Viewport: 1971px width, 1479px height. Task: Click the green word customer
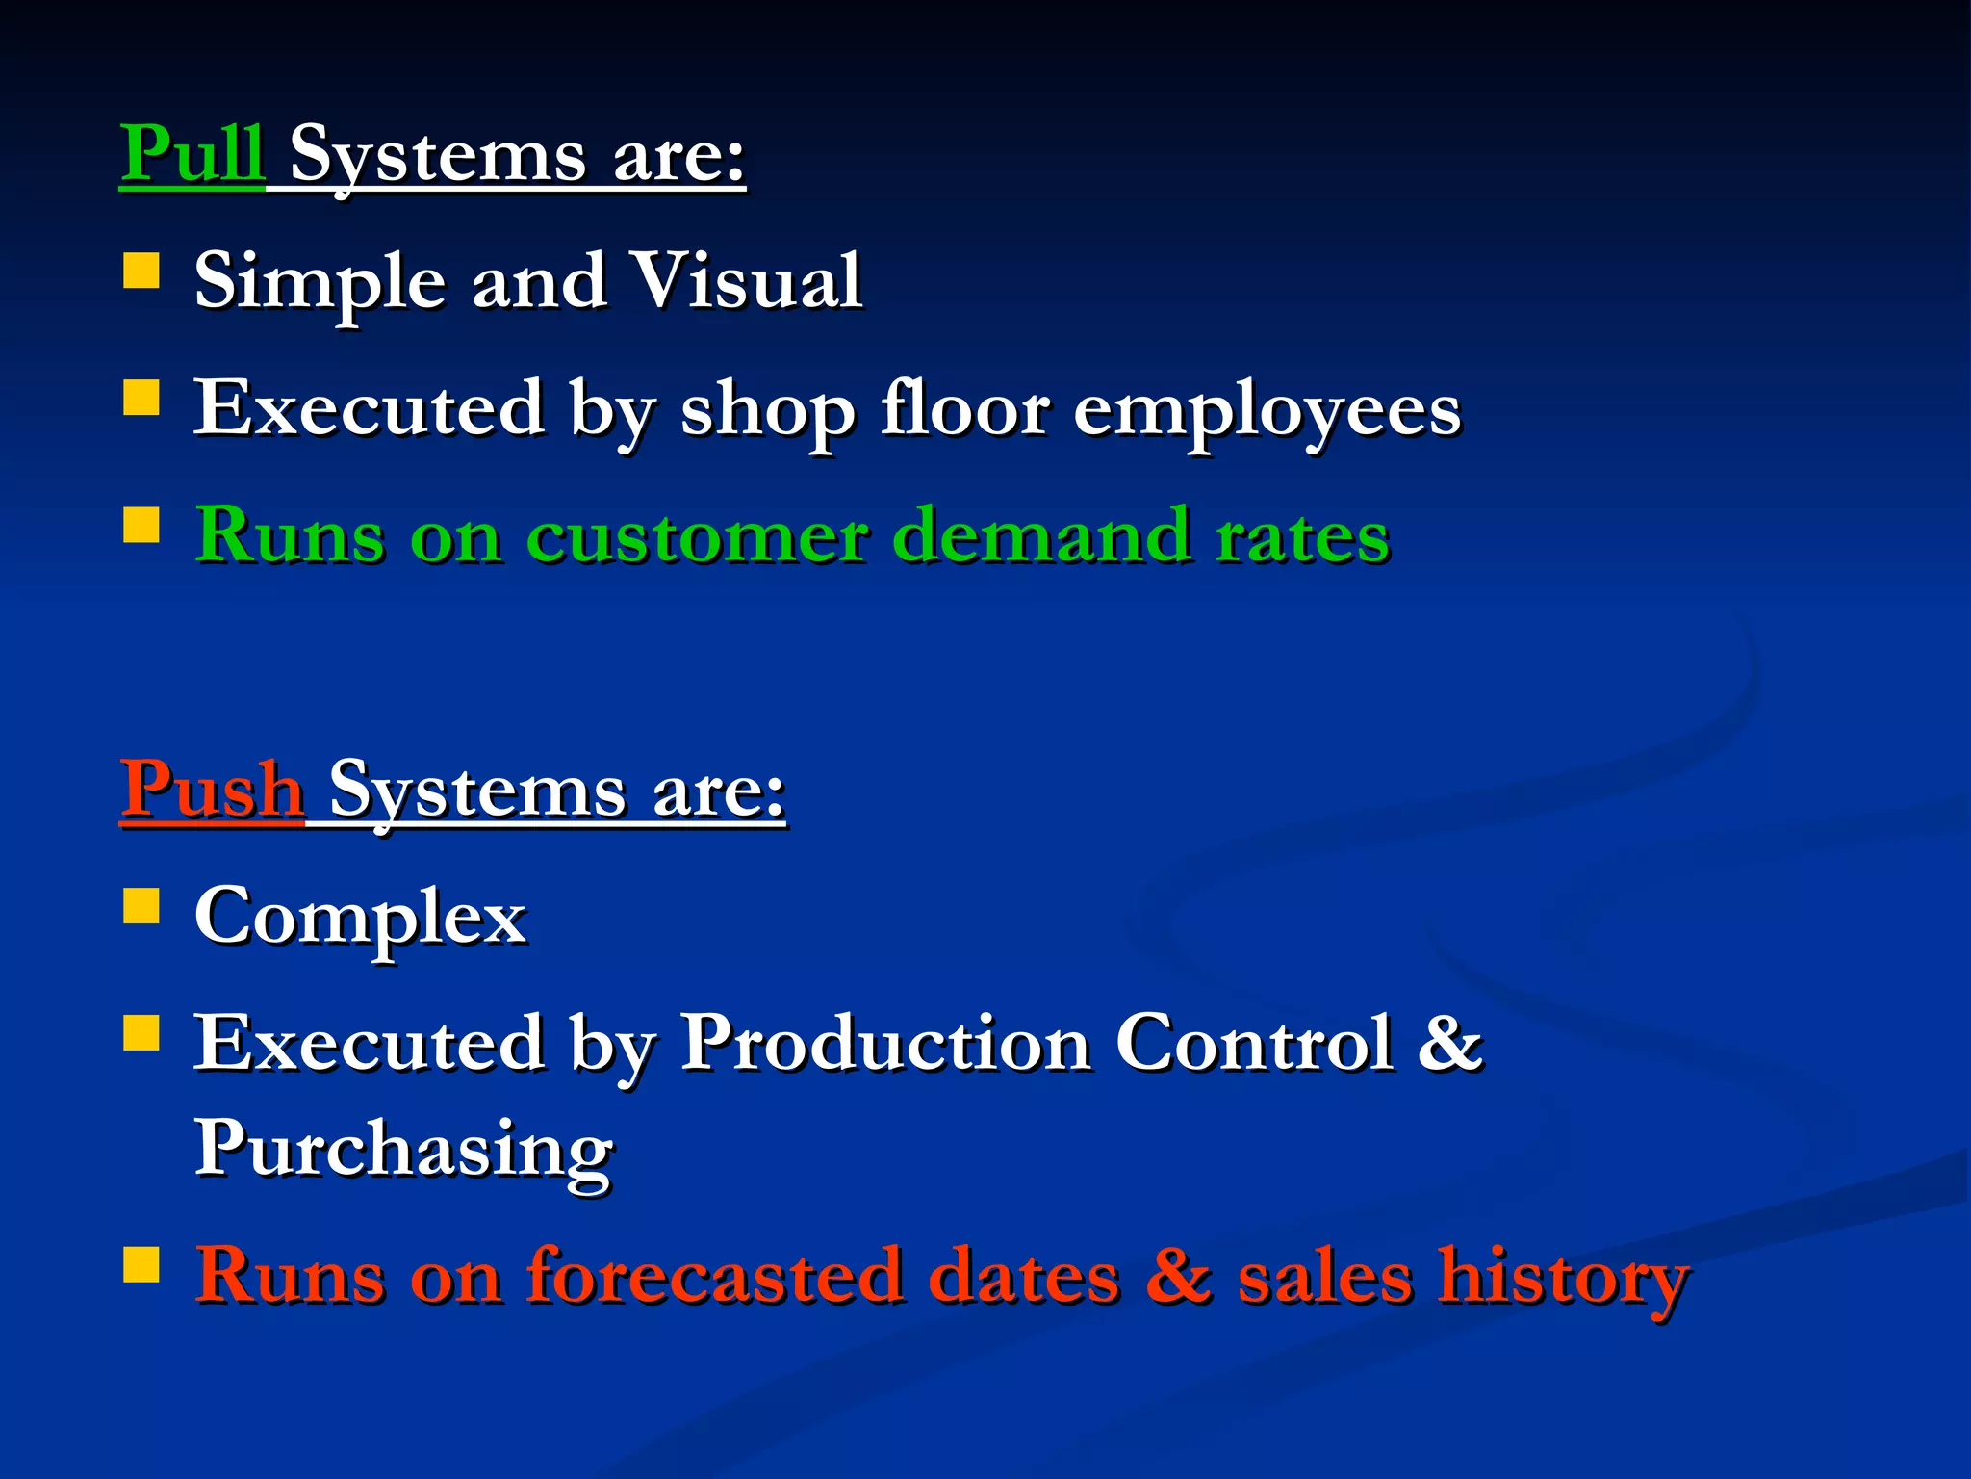point(697,536)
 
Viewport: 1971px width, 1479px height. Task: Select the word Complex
point(361,917)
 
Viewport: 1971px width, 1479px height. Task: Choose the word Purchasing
point(404,1150)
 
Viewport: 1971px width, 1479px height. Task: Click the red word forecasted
point(715,1277)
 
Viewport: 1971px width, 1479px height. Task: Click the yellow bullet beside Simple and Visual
point(141,272)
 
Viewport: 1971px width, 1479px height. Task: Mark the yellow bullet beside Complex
point(141,906)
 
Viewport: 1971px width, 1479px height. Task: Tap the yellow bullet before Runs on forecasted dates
point(141,1265)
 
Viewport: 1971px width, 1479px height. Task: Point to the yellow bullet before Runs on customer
point(141,526)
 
